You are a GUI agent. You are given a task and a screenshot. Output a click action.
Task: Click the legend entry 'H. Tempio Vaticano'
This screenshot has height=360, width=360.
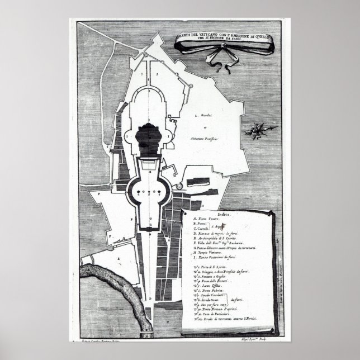(213, 252)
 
